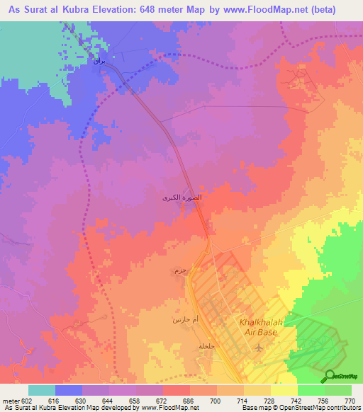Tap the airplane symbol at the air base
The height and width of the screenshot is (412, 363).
(x=257, y=348)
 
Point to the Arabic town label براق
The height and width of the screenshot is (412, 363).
(x=99, y=62)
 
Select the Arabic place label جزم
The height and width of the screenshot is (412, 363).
(x=179, y=271)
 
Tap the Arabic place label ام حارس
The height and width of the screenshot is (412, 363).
(x=183, y=320)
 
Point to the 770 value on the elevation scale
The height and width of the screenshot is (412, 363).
(x=348, y=400)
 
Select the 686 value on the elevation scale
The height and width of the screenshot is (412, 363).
(x=186, y=400)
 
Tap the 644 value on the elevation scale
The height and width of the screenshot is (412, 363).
(x=106, y=400)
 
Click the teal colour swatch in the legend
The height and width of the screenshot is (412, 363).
(x=42, y=390)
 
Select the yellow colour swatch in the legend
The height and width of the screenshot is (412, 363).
(x=284, y=390)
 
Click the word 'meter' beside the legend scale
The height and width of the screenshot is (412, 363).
(x=9, y=400)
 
